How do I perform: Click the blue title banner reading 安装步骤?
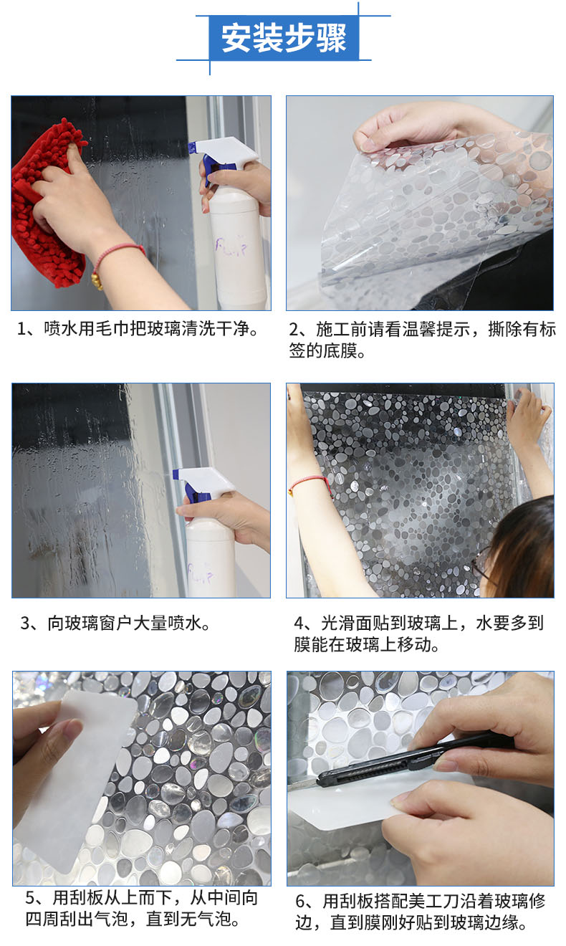coord(284,38)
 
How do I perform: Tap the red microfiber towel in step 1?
coord(47,203)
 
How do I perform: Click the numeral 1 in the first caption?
coord(21,329)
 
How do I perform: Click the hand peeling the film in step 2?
coord(406,127)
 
